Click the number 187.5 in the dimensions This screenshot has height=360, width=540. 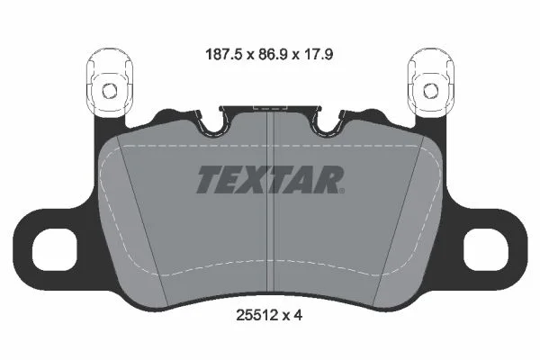225,54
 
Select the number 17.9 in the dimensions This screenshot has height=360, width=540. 318,54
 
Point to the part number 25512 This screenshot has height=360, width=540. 256,315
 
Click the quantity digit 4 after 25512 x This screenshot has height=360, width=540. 298,315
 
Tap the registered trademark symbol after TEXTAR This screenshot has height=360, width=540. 342,190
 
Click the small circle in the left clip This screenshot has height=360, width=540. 110,91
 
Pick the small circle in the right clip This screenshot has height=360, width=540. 430,91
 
